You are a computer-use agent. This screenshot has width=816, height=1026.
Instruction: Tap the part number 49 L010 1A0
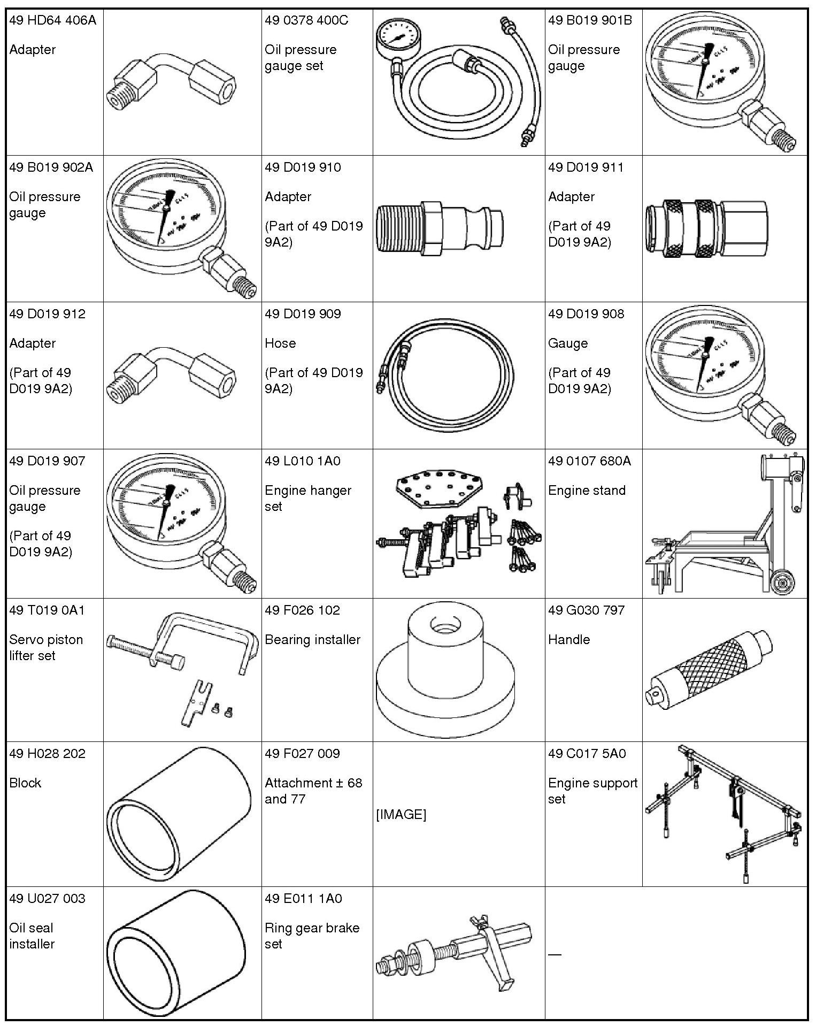point(302,461)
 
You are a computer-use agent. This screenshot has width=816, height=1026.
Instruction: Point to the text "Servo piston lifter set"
point(46,647)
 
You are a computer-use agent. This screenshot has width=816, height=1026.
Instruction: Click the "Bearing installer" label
point(312,640)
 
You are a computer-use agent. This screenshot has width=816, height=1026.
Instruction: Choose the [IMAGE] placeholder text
point(401,814)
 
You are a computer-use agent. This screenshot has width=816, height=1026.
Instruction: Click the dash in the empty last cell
point(555,954)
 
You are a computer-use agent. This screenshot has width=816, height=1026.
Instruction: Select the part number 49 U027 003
point(47,898)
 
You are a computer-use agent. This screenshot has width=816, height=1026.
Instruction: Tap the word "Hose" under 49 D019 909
point(280,343)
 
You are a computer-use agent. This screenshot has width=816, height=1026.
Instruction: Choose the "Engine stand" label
point(587,491)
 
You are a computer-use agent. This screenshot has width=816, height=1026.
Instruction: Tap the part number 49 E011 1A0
point(303,898)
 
